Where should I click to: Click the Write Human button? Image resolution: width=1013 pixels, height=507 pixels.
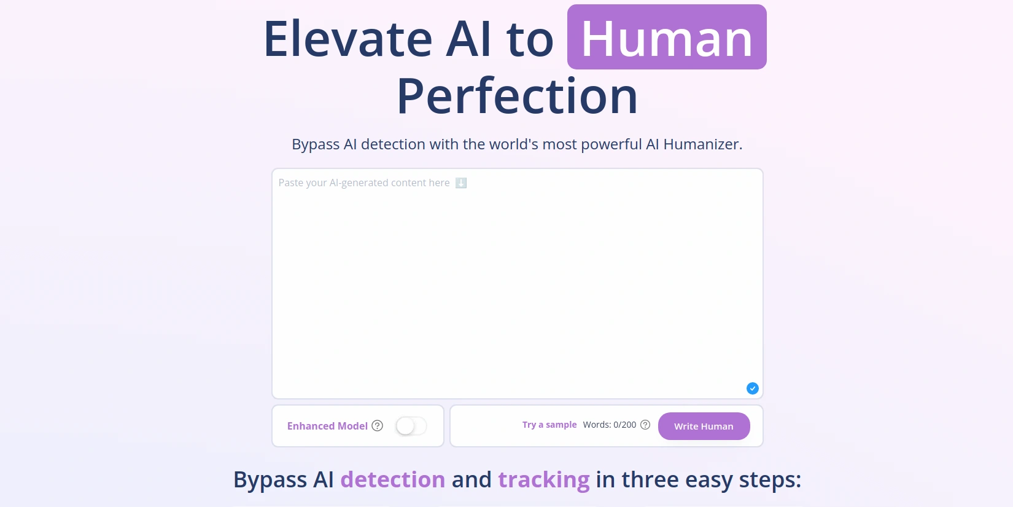(704, 426)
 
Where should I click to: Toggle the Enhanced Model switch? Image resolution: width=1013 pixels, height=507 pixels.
(411, 426)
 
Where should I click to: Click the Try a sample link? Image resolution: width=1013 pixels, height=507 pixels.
(549, 425)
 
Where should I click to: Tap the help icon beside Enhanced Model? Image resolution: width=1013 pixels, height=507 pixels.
(378, 426)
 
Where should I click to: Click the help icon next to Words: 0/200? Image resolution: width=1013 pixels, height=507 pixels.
(645, 425)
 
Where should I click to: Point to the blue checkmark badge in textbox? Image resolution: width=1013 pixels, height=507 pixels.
(753, 388)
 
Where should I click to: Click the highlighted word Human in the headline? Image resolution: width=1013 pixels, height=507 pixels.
(667, 38)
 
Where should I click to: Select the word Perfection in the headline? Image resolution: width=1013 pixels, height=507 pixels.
(518, 96)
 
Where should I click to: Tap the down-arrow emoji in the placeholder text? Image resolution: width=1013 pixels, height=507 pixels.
(461, 183)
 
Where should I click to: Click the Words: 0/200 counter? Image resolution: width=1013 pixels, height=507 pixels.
(610, 425)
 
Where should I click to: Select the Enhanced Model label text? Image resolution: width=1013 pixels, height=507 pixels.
(327, 426)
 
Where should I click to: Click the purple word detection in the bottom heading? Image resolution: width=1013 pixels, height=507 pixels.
(393, 479)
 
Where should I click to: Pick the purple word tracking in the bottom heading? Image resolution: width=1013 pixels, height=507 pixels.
(544, 479)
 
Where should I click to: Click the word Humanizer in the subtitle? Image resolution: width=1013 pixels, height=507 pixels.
(702, 144)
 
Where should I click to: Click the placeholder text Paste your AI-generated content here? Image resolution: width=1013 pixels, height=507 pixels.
(364, 183)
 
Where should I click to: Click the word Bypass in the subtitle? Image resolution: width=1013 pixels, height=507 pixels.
(316, 144)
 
